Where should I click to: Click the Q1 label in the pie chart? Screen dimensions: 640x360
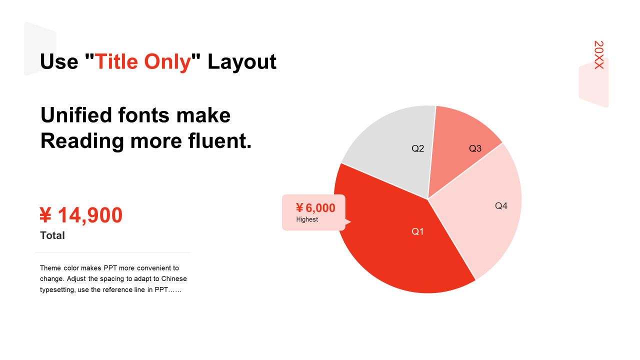coord(417,231)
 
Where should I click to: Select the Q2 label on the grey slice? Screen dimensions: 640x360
coord(417,148)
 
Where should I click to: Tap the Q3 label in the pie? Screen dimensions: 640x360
coord(475,148)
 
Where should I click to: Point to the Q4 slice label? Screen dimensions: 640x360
coord(501,205)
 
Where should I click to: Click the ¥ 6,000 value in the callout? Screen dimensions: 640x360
coord(315,208)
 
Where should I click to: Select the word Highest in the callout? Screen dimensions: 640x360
coord(307,219)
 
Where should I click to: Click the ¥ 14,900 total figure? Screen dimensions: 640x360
coord(81,215)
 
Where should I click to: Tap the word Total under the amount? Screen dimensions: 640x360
coord(52,235)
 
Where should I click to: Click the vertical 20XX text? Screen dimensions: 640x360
coord(599,55)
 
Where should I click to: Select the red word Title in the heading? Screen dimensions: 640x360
coord(116,61)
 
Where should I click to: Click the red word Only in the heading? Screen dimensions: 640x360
coord(167,62)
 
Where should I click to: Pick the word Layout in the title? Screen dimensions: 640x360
coord(241,62)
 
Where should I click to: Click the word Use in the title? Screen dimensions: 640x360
coord(59,61)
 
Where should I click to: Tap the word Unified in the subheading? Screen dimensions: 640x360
coord(76,115)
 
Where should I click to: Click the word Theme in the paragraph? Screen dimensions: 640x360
coord(50,268)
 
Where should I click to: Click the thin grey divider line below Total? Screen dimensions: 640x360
coord(113,252)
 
